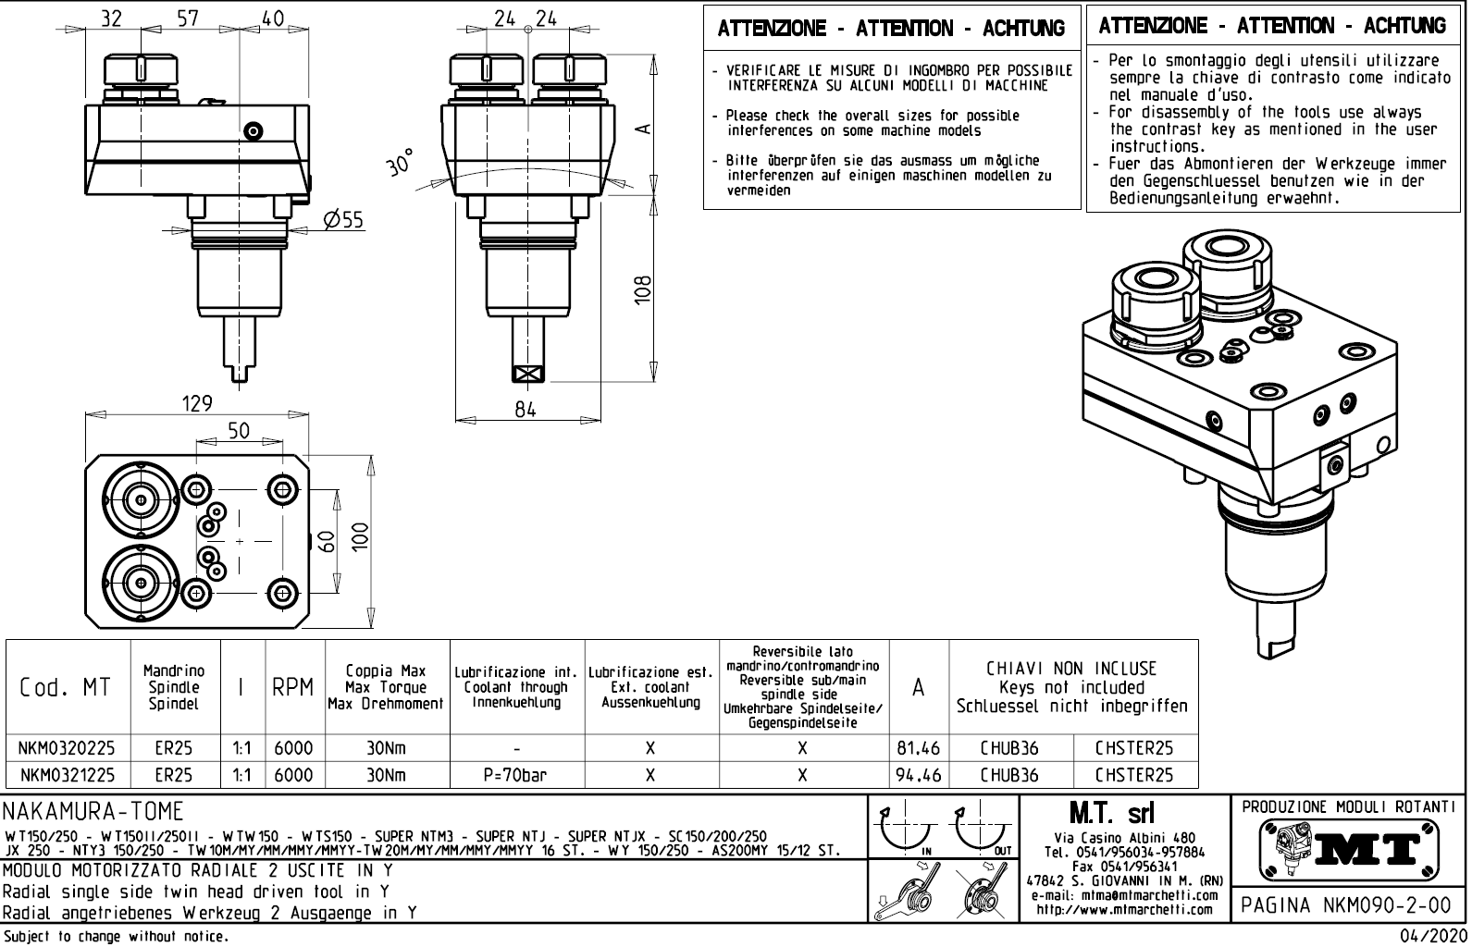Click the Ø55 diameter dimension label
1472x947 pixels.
344,219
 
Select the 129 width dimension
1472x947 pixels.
197,404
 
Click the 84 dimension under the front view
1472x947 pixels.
526,410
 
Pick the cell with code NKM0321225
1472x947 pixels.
68,775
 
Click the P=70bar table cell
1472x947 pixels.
516,775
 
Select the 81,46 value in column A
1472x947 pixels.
918,748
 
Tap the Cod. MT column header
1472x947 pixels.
66,688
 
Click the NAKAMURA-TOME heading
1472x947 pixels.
93,813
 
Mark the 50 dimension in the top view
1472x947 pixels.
239,432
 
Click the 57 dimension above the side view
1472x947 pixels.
188,18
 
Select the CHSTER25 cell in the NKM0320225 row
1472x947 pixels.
1134,748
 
